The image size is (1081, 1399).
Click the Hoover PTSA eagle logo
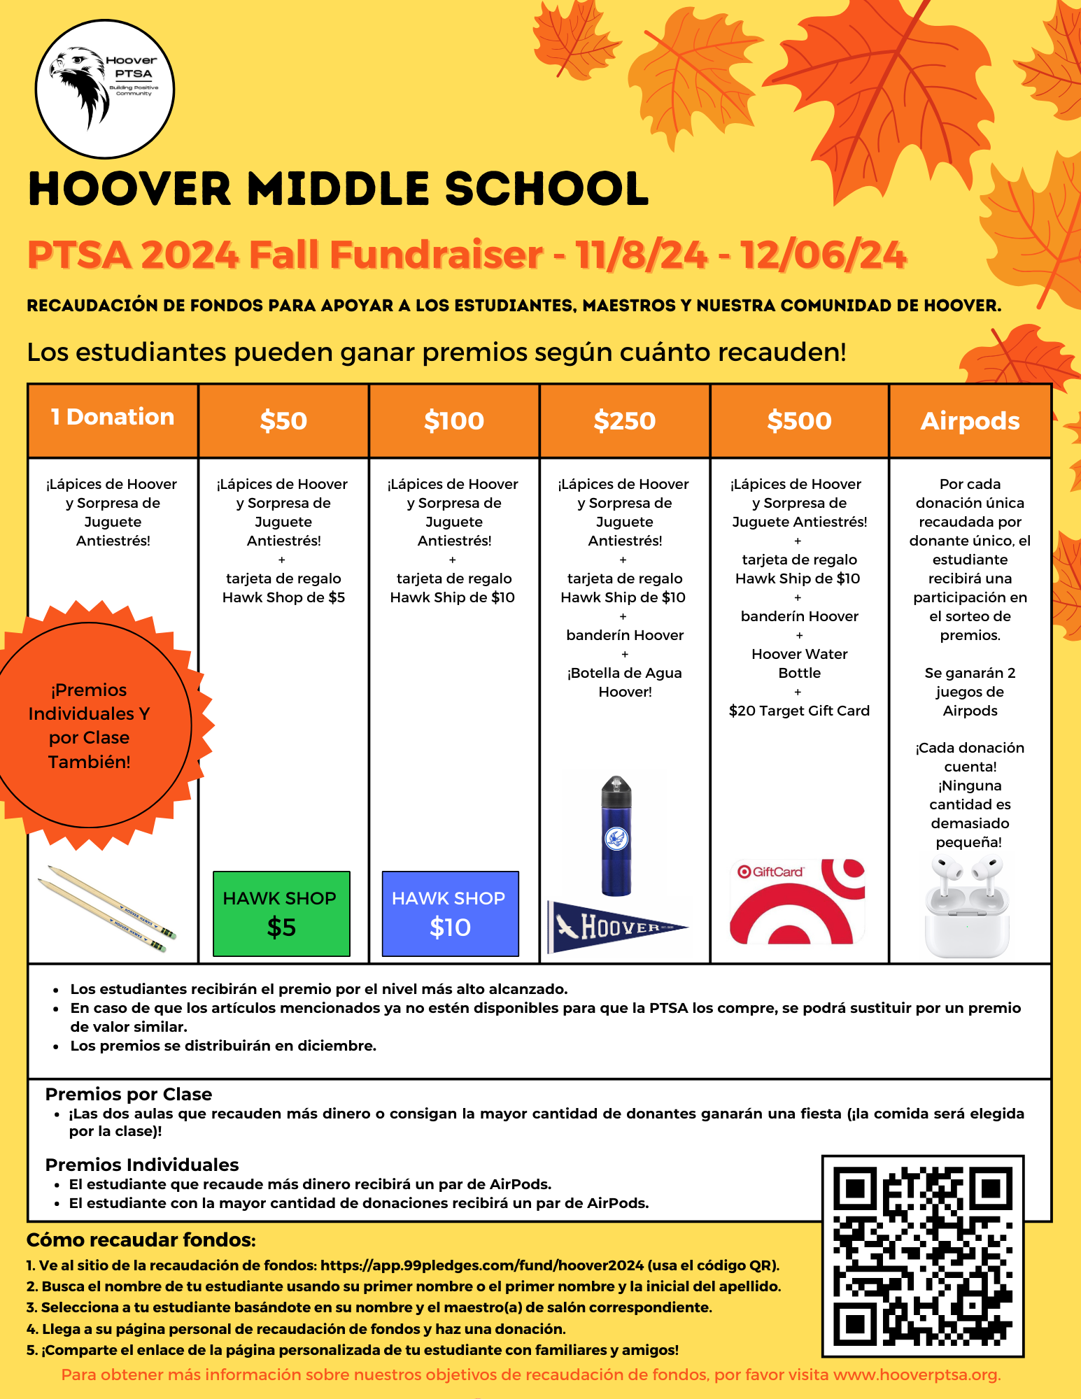point(104,89)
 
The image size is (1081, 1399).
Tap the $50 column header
point(283,420)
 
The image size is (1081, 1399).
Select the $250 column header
point(624,420)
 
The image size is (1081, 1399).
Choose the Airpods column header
point(970,420)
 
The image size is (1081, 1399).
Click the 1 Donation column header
point(113,418)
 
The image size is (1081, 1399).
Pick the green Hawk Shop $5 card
point(281,913)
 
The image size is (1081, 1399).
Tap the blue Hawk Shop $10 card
point(450,913)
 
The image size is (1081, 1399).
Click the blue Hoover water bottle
point(616,836)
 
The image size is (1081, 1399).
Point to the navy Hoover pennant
point(616,928)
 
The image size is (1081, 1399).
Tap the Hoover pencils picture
point(106,909)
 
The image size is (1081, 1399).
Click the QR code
point(923,1256)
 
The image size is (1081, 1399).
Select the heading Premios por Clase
point(129,1094)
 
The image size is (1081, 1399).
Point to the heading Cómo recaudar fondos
point(141,1240)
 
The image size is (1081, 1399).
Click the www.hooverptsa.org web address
point(916,1375)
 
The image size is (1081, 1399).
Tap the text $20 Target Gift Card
point(799,711)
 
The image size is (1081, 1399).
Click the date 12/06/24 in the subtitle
point(823,255)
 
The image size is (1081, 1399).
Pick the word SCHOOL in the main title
point(546,189)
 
